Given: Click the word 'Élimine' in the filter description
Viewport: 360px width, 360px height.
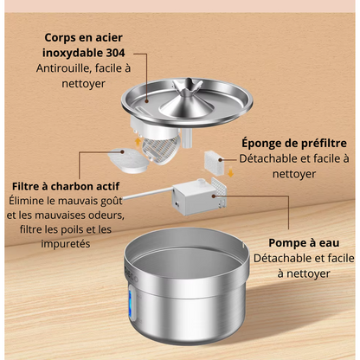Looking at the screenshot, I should click(x=30, y=200).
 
